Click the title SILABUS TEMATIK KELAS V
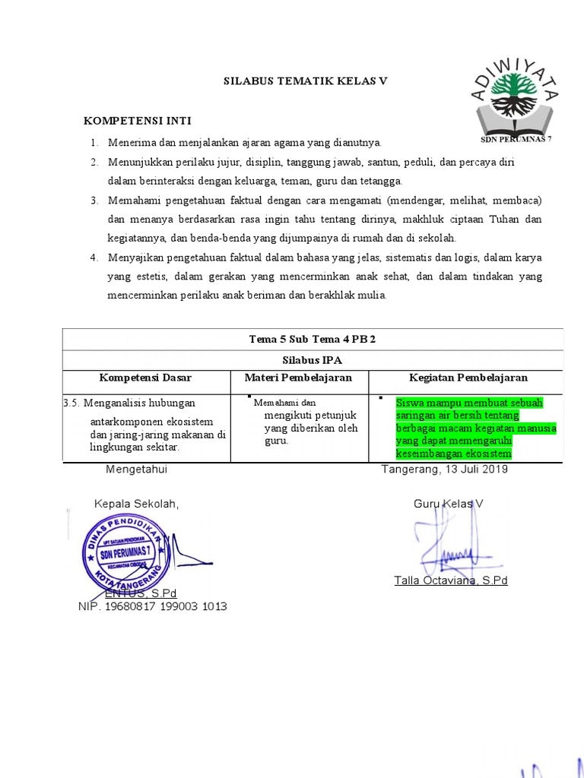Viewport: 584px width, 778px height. [x=305, y=81]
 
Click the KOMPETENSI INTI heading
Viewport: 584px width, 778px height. [x=137, y=121]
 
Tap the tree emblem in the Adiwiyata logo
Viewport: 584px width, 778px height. [x=515, y=94]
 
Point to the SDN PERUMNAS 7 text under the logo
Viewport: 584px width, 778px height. [x=516, y=141]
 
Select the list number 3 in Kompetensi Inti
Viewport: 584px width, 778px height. [x=94, y=200]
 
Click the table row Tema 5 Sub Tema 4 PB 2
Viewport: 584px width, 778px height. [x=313, y=339]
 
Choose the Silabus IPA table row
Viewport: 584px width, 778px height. [x=313, y=359]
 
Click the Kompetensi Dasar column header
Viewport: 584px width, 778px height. [x=145, y=378]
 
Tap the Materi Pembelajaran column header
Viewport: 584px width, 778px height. [x=298, y=378]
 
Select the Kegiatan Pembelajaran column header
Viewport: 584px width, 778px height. [x=468, y=378]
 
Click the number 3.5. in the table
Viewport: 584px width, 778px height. [x=71, y=403]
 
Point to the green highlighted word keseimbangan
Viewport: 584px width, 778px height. [x=425, y=454]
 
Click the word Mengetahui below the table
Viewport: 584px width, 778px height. [x=136, y=470]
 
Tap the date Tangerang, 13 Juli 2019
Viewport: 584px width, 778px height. [x=444, y=470]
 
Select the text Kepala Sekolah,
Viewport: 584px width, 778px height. [x=136, y=504]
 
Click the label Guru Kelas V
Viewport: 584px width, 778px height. [x=449, y=504]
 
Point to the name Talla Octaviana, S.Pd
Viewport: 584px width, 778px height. [x=450, y=580]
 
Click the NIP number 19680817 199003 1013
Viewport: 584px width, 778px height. [x=152, y=606]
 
